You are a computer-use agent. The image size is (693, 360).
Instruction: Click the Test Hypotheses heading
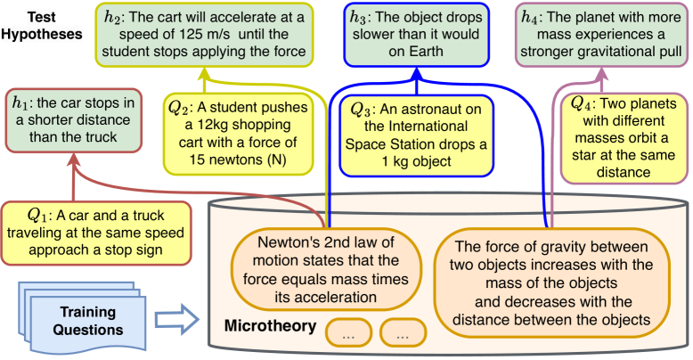(x=41, y=24)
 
